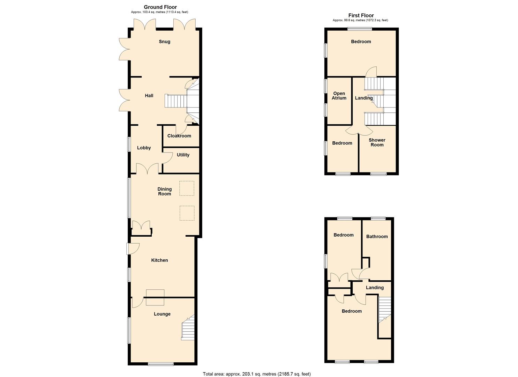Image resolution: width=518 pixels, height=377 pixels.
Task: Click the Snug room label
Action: pyautogui.click(x=164, y=42)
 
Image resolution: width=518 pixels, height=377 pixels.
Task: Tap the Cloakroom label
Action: pyautogui.click(x=179, y=136)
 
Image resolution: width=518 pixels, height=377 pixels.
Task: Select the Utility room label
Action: pyautogui.click(x=183, y=155)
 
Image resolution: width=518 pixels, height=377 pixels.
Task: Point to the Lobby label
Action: pyautogui.click(x=144, y=148)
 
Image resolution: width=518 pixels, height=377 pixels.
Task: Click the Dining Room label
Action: pyautogui.click(x=164, y=191)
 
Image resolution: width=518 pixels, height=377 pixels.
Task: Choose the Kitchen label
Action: pyautogui.click(x=159, y=260)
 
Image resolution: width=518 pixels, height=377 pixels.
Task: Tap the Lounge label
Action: pyautogui.click(x=162, y=314)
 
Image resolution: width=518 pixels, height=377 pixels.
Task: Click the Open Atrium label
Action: pyautogui.click(x=339, y=96)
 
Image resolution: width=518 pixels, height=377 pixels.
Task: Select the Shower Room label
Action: pyautogui.click(x=377, y=142)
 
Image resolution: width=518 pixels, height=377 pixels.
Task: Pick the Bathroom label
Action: pyautogui.click(x=377, y=236)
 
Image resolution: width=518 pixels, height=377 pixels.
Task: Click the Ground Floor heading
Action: pyautogui.click(x=160, y=7)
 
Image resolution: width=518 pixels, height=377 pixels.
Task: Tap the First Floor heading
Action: pyautogui.click(x=361, y=15)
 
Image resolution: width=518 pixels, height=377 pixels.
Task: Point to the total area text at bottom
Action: pyautogui.click(x=256, y=374)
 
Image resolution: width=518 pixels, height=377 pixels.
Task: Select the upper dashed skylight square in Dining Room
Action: pyautogui.click(x=187, y=188)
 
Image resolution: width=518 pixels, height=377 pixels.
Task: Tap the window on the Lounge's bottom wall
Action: pyautogui.click(x=161, y=364)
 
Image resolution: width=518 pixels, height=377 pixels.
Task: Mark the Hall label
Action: pyautogui.click(x=149, y=95)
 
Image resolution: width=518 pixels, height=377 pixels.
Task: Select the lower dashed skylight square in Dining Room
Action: pyautogui.click(x=187, y=213)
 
